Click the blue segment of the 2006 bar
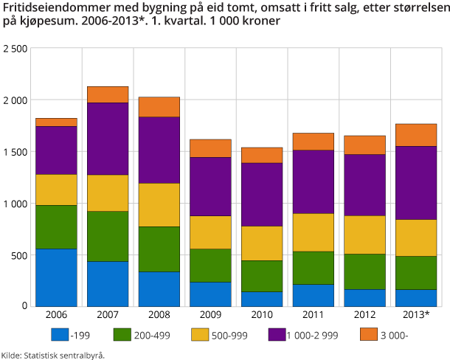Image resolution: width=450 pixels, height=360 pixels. click(x=56, y=277)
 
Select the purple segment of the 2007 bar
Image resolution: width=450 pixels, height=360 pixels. click(x=108, y=139)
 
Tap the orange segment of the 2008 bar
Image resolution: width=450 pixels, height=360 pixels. click(x=159, y=107)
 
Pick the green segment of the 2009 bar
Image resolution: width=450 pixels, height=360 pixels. click(x=210, y=266)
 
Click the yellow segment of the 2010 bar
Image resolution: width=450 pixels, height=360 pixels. click(x=262, y=243)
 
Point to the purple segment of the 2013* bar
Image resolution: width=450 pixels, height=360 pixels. click(x=417, y=183)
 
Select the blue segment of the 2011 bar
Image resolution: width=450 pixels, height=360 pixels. click(x=314, y=295)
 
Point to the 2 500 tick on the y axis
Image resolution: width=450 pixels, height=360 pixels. click(x=15, y=49)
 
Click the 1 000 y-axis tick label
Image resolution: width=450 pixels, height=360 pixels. click(x=15, y=204)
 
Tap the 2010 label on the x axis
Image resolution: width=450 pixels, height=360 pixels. click(x=262, y=316)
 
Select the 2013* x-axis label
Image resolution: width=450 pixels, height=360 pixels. click(x=417, y=316)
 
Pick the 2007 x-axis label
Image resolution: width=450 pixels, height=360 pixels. click(x=108, y=316)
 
